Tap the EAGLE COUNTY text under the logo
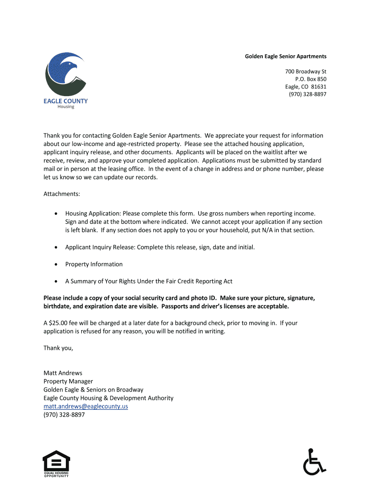coord(66,101)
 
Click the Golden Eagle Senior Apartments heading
coord(285,56)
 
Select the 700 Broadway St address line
coord(306,72)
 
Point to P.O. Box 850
coord(310,79)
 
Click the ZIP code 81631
coord(319,87)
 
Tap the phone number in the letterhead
coord(308,95)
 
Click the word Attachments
coord(62,194)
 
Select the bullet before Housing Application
coord(57,213)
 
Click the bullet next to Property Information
coord(57,264)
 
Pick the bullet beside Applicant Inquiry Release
coord(57,247)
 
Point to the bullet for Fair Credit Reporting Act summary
coord(57,281)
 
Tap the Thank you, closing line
coord(59,348)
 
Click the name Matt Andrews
coord(63,373)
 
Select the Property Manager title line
coord(68,381)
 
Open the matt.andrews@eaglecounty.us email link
coord(86,406)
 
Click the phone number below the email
coord(64,415)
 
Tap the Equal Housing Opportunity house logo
coord(56,463)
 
